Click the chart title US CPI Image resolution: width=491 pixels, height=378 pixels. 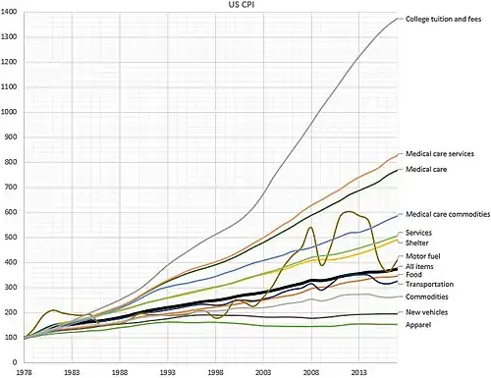pos(242,5)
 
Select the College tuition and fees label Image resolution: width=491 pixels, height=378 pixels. pos(443,19)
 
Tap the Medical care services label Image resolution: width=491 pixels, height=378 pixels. pos(440,154)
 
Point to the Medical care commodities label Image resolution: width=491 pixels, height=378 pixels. pos(448,214)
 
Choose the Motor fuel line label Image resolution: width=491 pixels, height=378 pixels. pos(423,256)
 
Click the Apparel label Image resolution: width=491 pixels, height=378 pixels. pos(418,325)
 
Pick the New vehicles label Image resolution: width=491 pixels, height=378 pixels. pos(426,312)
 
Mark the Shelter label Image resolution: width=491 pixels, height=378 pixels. pos(416,243)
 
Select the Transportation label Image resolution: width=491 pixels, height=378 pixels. pos(429,284)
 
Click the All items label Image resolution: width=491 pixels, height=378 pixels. pos(419,266)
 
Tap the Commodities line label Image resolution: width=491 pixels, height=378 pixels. pos(427,297)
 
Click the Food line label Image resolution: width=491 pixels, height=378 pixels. pos(413,275)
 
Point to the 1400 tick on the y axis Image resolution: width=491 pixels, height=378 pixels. pos(9,12)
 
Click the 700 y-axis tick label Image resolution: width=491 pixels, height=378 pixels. pos(11,188)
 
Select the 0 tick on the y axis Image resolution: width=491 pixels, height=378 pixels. pos(15,362)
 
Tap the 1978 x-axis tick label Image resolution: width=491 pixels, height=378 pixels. pos(24,373)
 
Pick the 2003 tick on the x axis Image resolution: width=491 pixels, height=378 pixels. pos(263,373)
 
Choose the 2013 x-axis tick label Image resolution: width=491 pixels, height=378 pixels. pos(359,373)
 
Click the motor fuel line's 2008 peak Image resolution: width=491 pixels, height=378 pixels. pos(310,227)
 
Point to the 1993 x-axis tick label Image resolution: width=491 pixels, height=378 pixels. pos(168,373)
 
